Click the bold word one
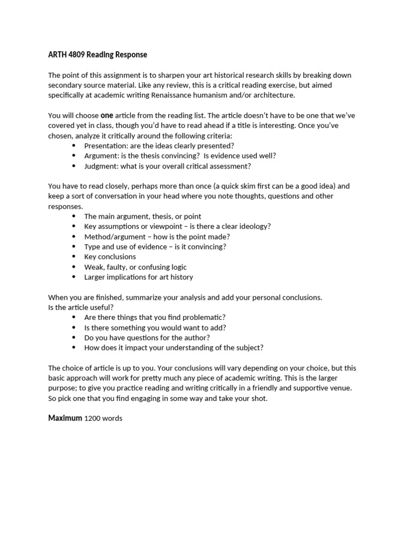(107, 115)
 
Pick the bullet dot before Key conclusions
(73, 257)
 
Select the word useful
(102, 308)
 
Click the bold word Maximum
(65, 419)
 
